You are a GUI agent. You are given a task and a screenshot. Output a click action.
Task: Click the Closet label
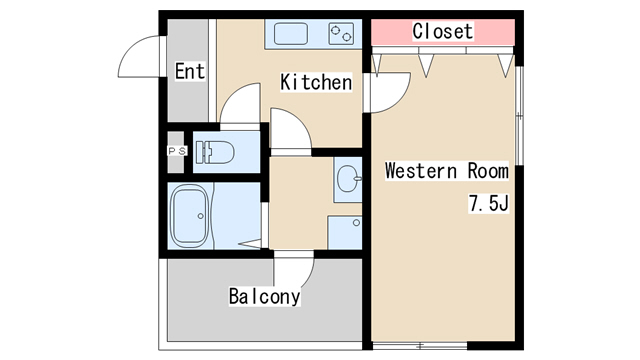tap(443, 31)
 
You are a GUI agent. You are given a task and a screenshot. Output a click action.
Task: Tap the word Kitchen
tap(316, 82)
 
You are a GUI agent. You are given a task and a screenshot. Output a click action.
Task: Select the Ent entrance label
tap(190, 71)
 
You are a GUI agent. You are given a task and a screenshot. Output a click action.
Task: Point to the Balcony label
tap(264, 296)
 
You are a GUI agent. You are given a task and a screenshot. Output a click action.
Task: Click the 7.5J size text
tap(489, 203)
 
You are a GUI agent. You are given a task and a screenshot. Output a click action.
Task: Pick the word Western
tap(421, 171)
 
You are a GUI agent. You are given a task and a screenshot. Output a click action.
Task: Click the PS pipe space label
tap(177, 151)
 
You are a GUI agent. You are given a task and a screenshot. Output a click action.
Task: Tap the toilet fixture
tap(215, 153)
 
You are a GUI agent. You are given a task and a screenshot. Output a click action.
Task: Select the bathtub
tap(189, 216)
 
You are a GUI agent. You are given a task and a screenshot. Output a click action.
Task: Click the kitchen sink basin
tap(291, 34)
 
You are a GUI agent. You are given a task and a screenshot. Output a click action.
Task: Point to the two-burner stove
tap(341, 34)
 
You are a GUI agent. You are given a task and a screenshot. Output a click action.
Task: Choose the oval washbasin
tap(349, 179)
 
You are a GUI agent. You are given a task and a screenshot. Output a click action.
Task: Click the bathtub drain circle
tap(200, 216)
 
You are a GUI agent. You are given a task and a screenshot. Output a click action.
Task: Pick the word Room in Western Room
tap(488, 171)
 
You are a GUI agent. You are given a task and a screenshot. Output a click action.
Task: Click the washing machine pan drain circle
tap(356, 223)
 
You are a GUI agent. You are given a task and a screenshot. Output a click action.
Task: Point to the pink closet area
tap(443, 32)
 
